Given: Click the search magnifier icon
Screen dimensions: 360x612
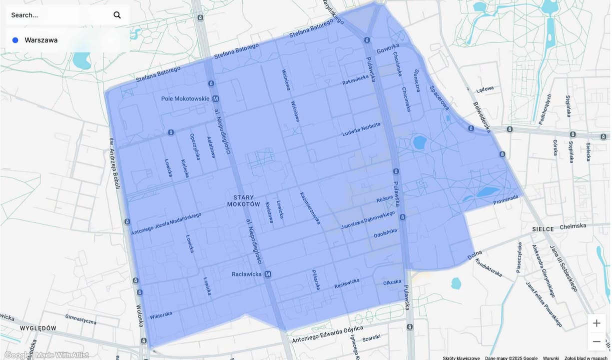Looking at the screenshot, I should click(117, 15).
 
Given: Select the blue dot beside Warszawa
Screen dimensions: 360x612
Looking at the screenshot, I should click(15, 40).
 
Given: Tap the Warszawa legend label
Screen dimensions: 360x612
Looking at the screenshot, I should click(41, 40).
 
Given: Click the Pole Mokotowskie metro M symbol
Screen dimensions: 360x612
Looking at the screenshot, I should click(216, 98).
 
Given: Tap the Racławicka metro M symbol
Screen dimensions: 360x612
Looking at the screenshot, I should click(268, 274).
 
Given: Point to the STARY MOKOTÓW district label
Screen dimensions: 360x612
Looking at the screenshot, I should click(244, 201).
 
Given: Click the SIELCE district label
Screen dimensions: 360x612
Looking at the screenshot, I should click(543, 229).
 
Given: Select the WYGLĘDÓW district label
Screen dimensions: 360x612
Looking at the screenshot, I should click(38, 328).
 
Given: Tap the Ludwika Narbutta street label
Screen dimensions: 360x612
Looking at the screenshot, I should click(361, 129).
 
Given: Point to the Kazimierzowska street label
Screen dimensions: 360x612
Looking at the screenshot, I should click(310, 208).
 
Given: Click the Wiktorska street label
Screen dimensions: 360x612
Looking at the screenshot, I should click(161, 315).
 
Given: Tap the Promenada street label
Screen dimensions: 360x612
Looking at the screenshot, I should click(506, 200).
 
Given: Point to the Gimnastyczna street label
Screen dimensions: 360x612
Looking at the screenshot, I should click(80, 319).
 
